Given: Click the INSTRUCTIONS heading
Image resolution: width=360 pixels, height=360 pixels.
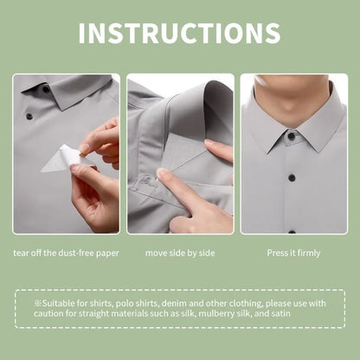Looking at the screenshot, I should coord(179,33).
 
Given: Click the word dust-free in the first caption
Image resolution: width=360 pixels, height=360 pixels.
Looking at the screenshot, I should coord(76,254).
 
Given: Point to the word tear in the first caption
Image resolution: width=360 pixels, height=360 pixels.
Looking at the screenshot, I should coord(21,254).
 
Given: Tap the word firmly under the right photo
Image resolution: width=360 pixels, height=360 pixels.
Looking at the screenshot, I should coord(309,254).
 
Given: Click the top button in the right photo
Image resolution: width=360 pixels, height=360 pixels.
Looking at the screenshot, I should coord(291,136).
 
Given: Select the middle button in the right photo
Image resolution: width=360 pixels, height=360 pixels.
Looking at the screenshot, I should coord(292,177).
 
